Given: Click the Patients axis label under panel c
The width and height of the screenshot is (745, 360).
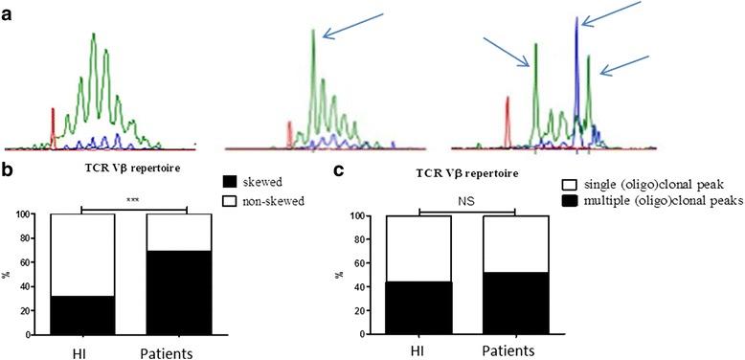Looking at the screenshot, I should coord(517,350).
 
